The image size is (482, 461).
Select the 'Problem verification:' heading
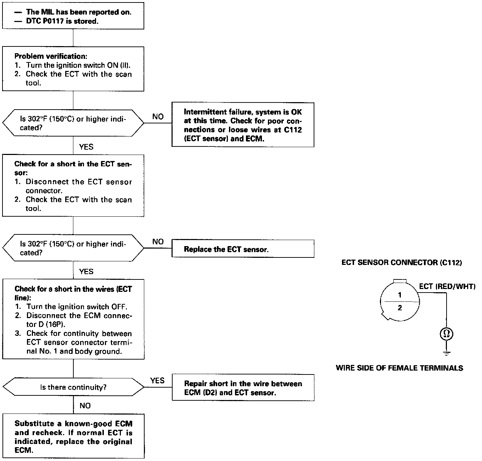[x=51, y=56]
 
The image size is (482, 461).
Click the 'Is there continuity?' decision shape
[x=73, y=387]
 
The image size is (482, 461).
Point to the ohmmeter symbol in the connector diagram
[x=447, y=334]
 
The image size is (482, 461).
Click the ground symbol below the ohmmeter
[x=447, y=353]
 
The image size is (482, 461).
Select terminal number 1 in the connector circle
[x=400, y=295]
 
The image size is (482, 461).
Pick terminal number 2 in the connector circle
[x=400, y=308]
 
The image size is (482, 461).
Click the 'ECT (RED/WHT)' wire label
[x=447, y=287]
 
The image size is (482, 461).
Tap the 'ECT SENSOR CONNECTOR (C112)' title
[x=402, y=263]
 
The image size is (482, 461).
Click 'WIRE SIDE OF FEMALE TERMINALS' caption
[x=399, y=368]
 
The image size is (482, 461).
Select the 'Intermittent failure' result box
[x=243, y=125]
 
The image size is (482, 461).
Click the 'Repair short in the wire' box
[x=243, y=388]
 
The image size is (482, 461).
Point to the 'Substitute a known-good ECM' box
[x=73, y=436]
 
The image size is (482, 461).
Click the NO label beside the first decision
[x=158, y=117]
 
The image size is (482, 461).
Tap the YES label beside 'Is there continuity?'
[x=157, y=381]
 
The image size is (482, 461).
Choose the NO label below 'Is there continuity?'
[x=85, y=406]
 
